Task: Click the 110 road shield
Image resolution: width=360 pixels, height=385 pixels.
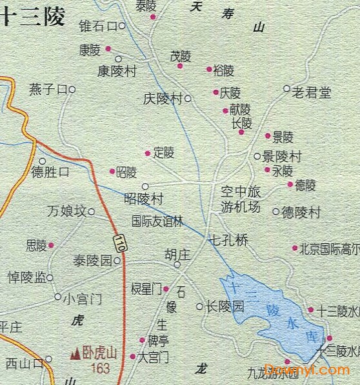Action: pyautogui.click(x=119, y=242)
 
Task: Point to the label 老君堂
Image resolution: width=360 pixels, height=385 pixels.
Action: pyautogui.click(x=312, y=92)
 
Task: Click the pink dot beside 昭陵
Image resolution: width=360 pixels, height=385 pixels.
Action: pyautogui.click(x=112, y=172)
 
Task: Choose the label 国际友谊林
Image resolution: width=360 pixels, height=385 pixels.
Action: pyautogui.click(x=157, y=221)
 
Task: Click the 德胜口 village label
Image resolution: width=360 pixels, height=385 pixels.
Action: pyautogui.click(x=50, y=173)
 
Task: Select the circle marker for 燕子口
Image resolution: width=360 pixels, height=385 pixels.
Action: pyautogui.click(x=72, y=90)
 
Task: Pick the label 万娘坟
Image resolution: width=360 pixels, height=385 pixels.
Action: pyautogui.click(x=66, y=211)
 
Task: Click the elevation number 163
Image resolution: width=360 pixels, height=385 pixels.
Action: pyautogui.click(x=101, y=368)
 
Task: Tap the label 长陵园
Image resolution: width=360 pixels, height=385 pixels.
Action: pyautogui.click(x=225, y=306)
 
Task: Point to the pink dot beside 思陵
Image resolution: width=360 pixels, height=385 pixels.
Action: pyautogui.click(x=51, y=245)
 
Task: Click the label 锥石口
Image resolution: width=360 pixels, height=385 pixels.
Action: pyautogui.click(x=98, y=26)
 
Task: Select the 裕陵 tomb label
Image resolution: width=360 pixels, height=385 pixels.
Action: pyautogui.click(x=224, y=70)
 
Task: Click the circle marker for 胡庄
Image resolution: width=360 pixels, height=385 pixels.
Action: pyautogui.click(x=177, y=264)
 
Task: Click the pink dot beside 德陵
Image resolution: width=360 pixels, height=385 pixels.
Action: pyautogui.click(x=290, y=184)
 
